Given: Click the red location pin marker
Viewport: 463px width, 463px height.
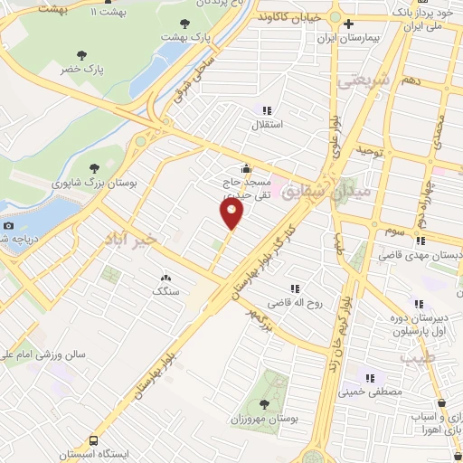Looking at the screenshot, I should pyautogui.click(x=231, y=213).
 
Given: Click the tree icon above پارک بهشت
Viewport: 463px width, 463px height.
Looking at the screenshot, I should pyautogui.click(x=185, y=24).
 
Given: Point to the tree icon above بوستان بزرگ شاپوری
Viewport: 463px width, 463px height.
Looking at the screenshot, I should pyautogui.click(x=95, y=167).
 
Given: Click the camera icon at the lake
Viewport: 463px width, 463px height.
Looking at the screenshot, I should pyautogui.click(x=9, y=225).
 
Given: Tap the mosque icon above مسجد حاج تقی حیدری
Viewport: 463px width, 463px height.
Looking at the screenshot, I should pyautogui.click(x=246, y=168).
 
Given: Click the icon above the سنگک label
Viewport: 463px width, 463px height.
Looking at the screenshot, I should pyautogui.click(x=165, y=279).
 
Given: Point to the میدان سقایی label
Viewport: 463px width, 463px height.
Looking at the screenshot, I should pyautogui.click(x=311, y=191).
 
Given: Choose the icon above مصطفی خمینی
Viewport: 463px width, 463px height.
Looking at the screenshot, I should pyautogui.click(x=369, y=377).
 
